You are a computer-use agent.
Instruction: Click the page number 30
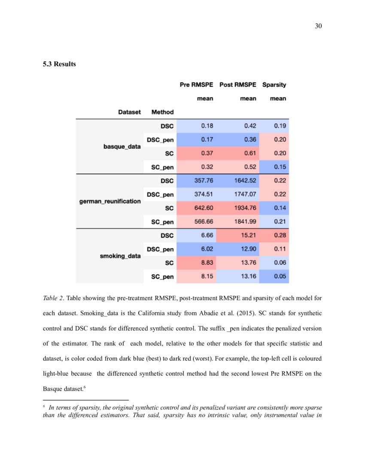click(x=318, y=26)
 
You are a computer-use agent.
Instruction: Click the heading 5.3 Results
click(x=59, y=64)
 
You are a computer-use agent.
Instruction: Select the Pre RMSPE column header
click(x=196, y=85)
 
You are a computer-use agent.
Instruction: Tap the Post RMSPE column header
click(x=237, y=85)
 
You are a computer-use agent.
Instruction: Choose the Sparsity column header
click(x=274, y=85)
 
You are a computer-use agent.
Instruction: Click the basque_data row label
click(x=122, y=146)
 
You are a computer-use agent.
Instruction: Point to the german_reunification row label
click(x=110, y=201)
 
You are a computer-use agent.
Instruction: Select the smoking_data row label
click(x=120, y=256)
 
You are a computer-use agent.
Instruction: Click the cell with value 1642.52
click(x=243, y=181)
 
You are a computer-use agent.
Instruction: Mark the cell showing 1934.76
click(x=243, y=208)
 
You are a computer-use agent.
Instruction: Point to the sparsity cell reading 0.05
click(x=280, y=276)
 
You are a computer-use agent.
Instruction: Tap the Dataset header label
click(x=129, y=112)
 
